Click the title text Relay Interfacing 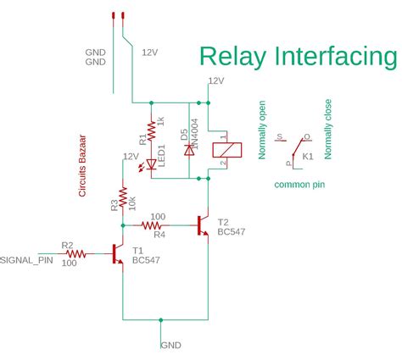298,57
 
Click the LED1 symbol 152,163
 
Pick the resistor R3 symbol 123,198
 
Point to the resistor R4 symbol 154,225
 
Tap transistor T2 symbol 204,225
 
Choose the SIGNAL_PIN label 29,260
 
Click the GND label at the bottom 170,346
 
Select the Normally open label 263,130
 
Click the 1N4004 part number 195,136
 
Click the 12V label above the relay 216,81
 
